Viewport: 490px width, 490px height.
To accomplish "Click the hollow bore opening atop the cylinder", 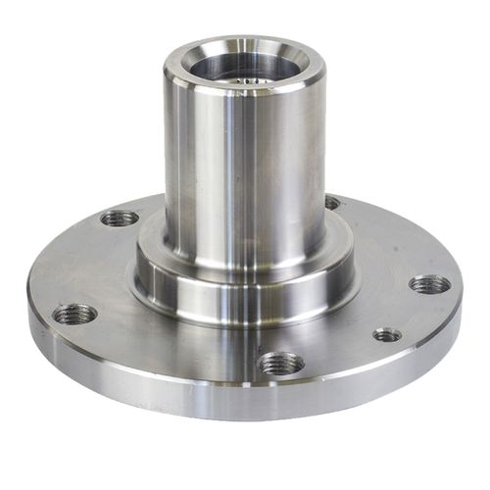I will tap(245, 67).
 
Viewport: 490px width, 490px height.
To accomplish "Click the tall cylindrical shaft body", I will tap(245, 167).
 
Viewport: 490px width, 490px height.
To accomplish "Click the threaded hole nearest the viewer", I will tap(281, 363).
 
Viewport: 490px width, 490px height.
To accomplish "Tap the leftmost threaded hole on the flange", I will tap(74, 314).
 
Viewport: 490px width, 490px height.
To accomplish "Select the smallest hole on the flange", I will tap(387, 335).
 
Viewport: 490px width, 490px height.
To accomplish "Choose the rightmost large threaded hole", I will tap(429, 284).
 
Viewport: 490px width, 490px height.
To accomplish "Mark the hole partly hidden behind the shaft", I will tap(332, 203).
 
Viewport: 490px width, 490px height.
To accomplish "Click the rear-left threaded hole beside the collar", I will tap(120, 218).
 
